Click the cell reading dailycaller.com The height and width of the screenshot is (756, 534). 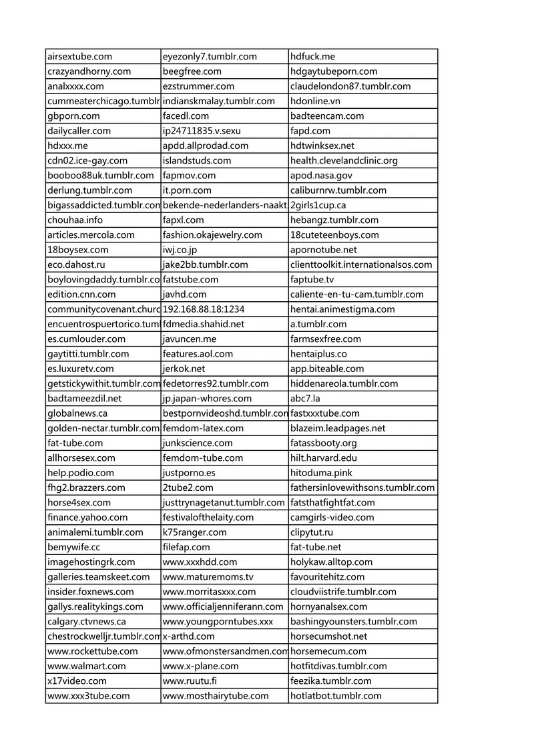tap(79, 131)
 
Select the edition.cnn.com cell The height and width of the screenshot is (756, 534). tap(81, 295)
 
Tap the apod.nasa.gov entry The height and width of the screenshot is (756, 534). tap(321, 176)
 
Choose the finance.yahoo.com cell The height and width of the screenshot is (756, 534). tap(87, 518)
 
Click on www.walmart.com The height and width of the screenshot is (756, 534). tap(86, 666)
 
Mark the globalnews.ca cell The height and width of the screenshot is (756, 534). tap(77, 413)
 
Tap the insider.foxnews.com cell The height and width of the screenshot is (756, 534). tap(90, 592)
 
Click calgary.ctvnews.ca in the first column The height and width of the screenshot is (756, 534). tap(86, 622)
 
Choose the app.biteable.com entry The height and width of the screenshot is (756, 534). tap(327, 369)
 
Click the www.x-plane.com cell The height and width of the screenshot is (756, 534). tap(200, 666)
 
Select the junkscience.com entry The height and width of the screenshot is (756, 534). tap(198, 443)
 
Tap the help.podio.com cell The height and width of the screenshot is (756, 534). tap(81, 473)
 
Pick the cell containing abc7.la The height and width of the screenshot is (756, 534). tap(305, 399)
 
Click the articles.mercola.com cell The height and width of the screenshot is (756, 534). tap(91, 235)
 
